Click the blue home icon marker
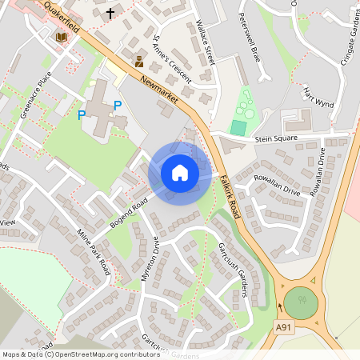[x=180, y=173]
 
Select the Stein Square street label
[x=276, y=138]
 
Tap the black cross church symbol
[x=110, y=14]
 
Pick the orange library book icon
[x=61, y=37]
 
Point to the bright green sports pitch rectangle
[x=238, y=127]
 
